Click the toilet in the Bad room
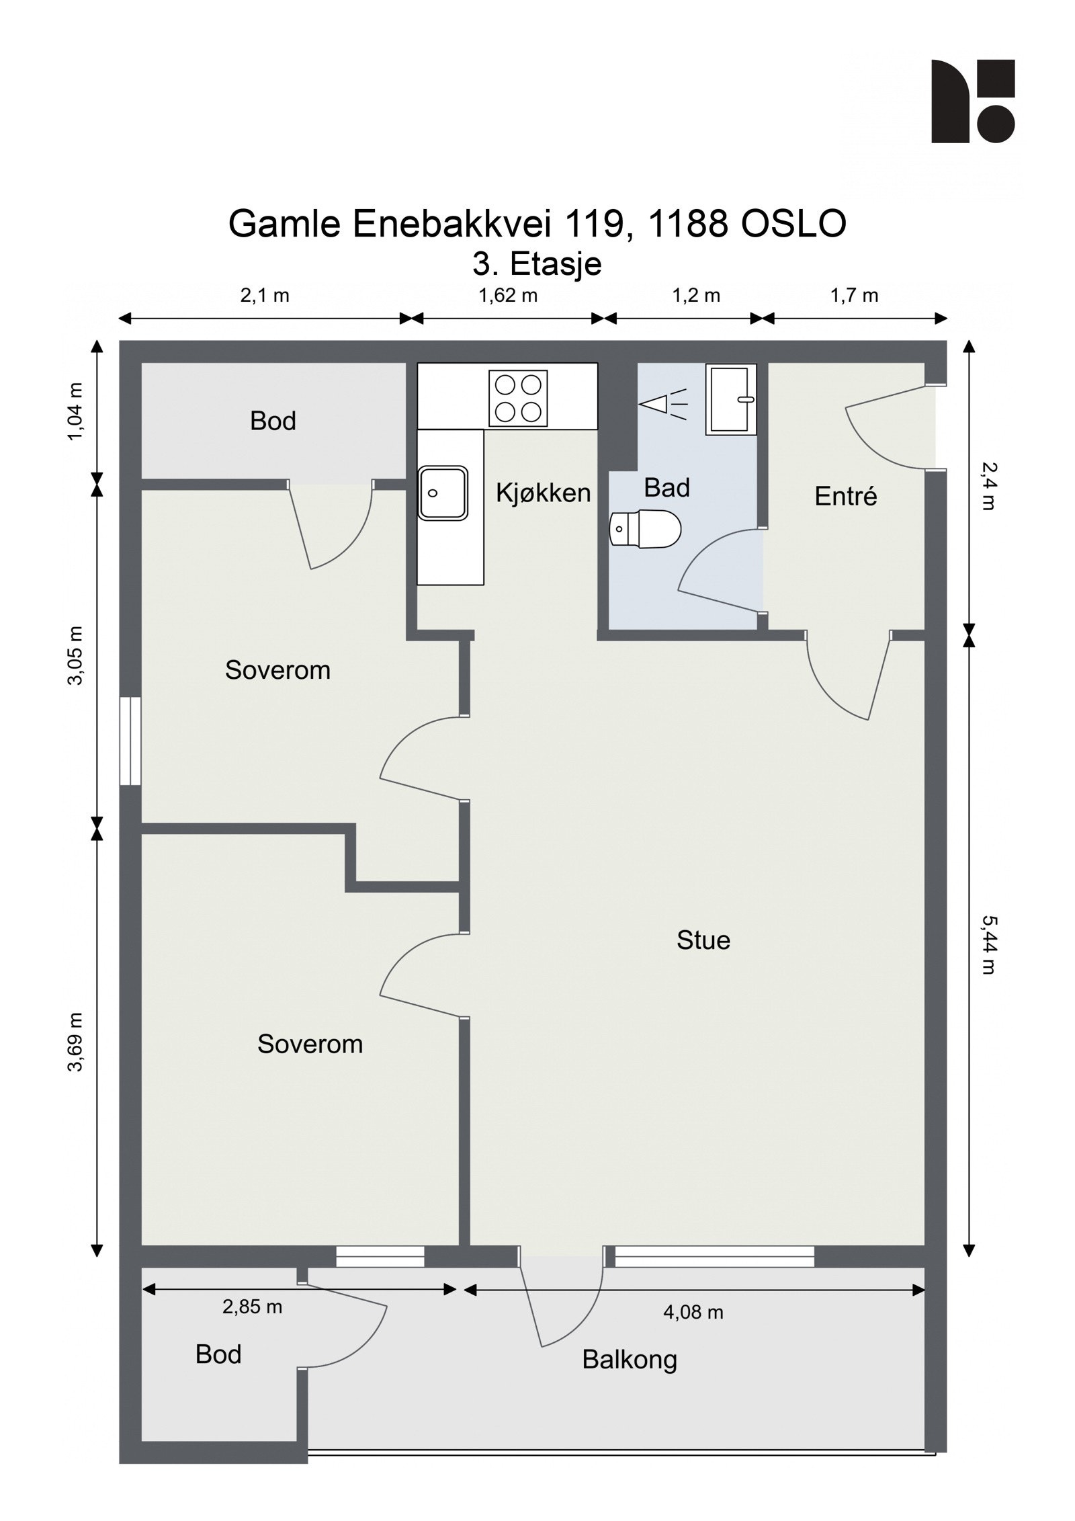click(645, 529)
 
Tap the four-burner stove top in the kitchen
click(517, 398)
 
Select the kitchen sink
click(443, 493)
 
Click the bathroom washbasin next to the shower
click(730, 399)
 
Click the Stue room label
click(703, 940)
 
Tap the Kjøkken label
click(543, 493)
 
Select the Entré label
click(845, 497)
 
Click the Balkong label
click(629, 1360)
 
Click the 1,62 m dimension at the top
click(508, 296)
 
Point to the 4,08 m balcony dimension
click(693, 1312)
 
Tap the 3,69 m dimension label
click(75, 1042)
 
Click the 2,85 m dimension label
click(252, 1307)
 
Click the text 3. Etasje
click(537, 263)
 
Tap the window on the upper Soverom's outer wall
click(130, 741)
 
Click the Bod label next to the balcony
click(218, 1354)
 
